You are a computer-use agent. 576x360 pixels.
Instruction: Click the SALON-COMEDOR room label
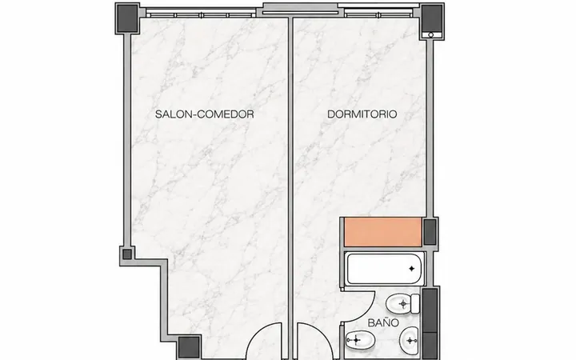tap(204, 114)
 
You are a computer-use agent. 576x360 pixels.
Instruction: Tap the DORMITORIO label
tap(362, 114)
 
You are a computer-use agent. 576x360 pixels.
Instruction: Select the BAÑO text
tap(383, 322)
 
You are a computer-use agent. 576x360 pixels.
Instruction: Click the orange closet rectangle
tap(382, 232)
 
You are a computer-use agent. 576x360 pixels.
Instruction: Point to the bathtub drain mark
tap(411, 269)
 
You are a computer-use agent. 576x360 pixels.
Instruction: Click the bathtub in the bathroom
tap(383, 269)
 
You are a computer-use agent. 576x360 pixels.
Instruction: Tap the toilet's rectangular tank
tap(415, 304)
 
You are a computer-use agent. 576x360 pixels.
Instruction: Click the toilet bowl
tap(398, 304)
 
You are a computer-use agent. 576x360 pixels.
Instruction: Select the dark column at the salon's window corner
tap(127, 18)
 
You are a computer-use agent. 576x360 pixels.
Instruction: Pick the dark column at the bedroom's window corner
tap(432, 18)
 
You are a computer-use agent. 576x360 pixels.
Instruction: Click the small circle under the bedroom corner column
tap(431, 35)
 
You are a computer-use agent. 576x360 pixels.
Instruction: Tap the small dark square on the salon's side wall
tap(127, 254)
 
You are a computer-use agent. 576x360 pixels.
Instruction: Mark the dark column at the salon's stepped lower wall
tap(189, 346)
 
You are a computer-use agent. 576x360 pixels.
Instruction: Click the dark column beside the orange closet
tap(430, 232)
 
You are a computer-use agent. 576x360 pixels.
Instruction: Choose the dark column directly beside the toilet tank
tap(430, 310)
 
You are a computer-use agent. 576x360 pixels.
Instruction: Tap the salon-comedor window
tap(201, 15)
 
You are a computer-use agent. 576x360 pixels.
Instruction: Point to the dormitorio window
tap(378, 15)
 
